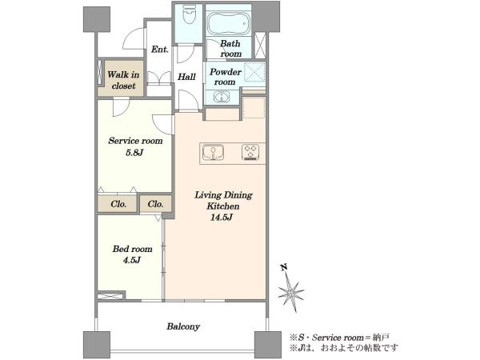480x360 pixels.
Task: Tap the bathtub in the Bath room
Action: point(228,24)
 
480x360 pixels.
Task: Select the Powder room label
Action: point(226,77)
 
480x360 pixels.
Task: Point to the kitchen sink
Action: point(213,152)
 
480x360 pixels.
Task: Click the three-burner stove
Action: point(250,152)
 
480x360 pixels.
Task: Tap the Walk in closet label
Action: point(123,80)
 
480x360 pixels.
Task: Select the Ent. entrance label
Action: point(160,49)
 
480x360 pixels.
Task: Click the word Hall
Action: point(186,77)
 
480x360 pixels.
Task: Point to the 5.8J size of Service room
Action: point(134,153)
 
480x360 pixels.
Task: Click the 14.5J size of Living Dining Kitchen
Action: point(222,218)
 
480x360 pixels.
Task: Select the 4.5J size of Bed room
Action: point(132,260)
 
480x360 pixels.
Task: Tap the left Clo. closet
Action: point(118,204)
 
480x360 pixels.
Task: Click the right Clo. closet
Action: point(155,204)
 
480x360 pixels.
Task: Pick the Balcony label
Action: point(183,326)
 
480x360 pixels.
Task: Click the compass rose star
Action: point(290,293)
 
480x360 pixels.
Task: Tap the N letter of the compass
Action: point(284,267)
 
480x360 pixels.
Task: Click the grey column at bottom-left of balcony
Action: point(97,344)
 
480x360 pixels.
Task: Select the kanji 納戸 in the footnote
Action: point(381,338)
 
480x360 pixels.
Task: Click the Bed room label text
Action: point(132,249)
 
